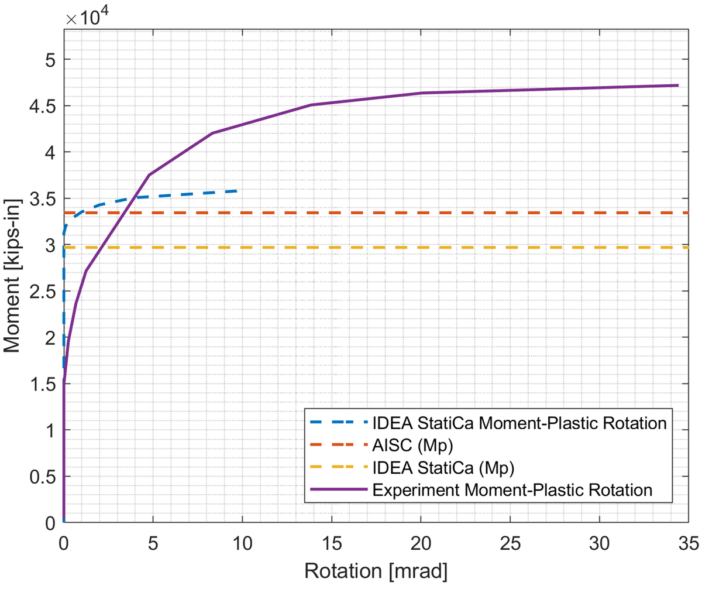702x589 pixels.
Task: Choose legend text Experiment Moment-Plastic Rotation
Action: pos(512,489)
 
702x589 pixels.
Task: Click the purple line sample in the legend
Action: pos(336,489)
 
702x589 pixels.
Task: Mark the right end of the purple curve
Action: pos(677,85)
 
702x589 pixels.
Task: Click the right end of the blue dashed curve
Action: pos(236,191)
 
